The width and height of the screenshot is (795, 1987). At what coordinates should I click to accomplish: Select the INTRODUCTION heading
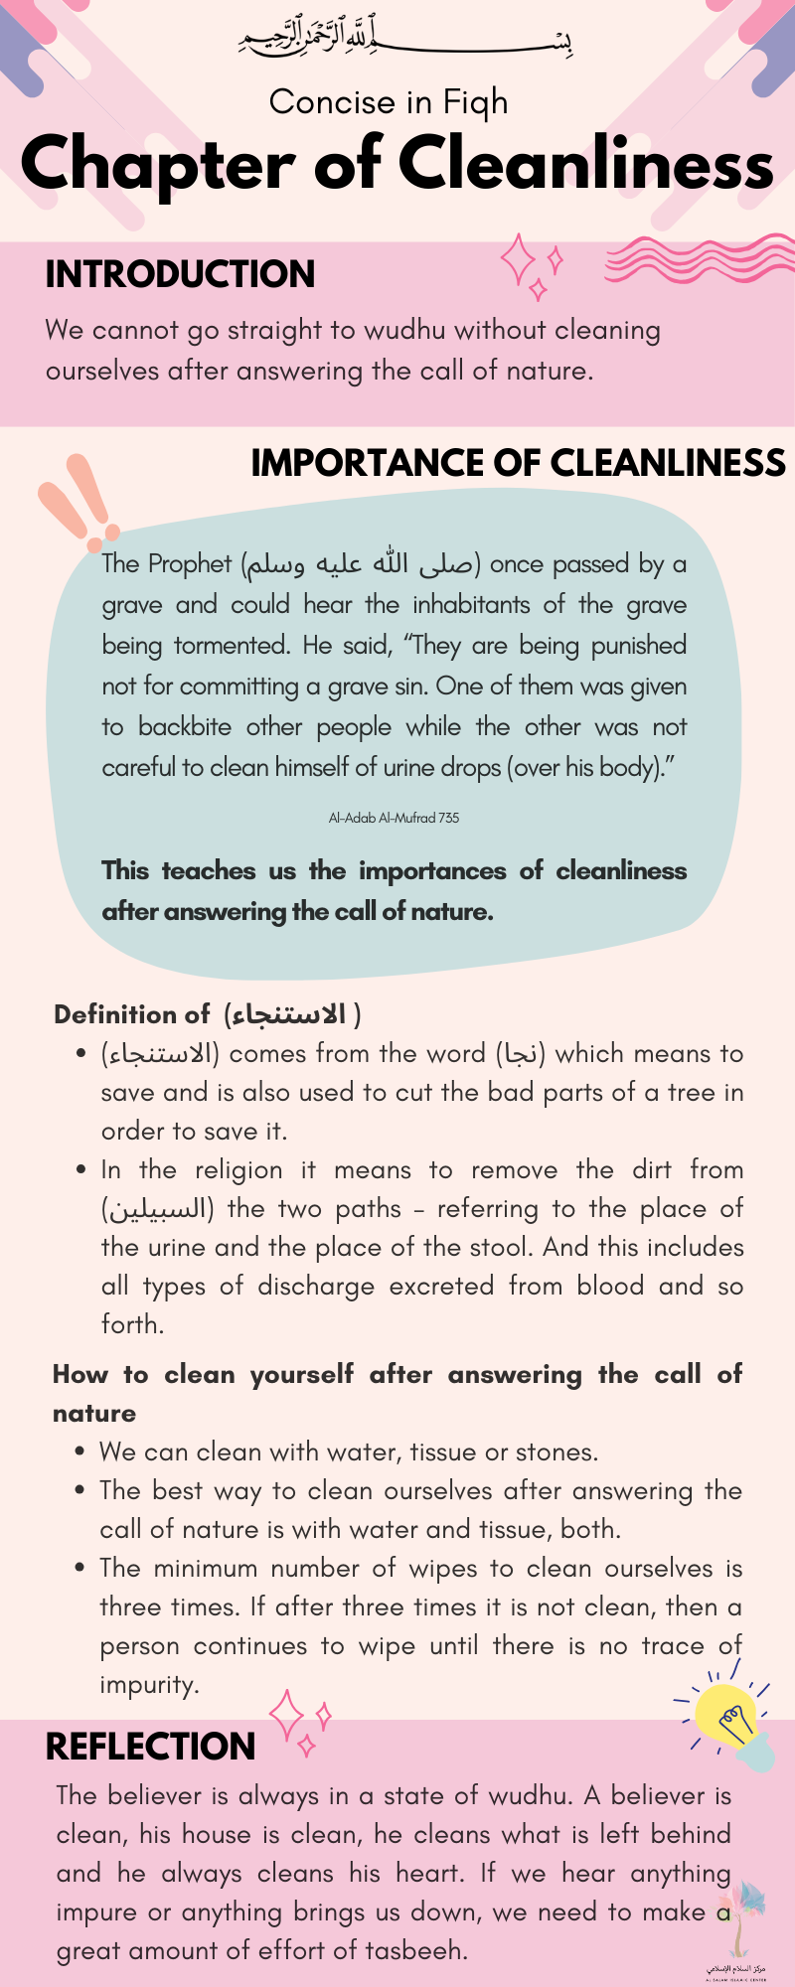point(180,274)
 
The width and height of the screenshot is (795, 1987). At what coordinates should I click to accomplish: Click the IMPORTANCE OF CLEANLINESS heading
point(518,463)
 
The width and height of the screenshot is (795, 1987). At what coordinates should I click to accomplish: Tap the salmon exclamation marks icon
point(79,503)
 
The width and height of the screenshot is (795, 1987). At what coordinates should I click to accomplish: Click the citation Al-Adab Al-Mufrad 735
point(394,818)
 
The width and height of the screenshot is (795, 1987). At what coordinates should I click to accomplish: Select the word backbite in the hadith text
point(185,726)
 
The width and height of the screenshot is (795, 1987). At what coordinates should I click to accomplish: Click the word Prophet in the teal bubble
point(189,564)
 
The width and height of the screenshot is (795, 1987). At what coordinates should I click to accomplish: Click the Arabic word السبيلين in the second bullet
point(157,1209)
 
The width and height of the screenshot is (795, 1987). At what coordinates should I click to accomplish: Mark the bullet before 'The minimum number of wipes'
point(80,1568)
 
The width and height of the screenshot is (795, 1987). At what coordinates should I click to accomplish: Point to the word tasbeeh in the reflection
point(413,1950)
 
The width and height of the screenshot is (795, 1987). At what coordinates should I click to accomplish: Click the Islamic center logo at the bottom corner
point(736,1938)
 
